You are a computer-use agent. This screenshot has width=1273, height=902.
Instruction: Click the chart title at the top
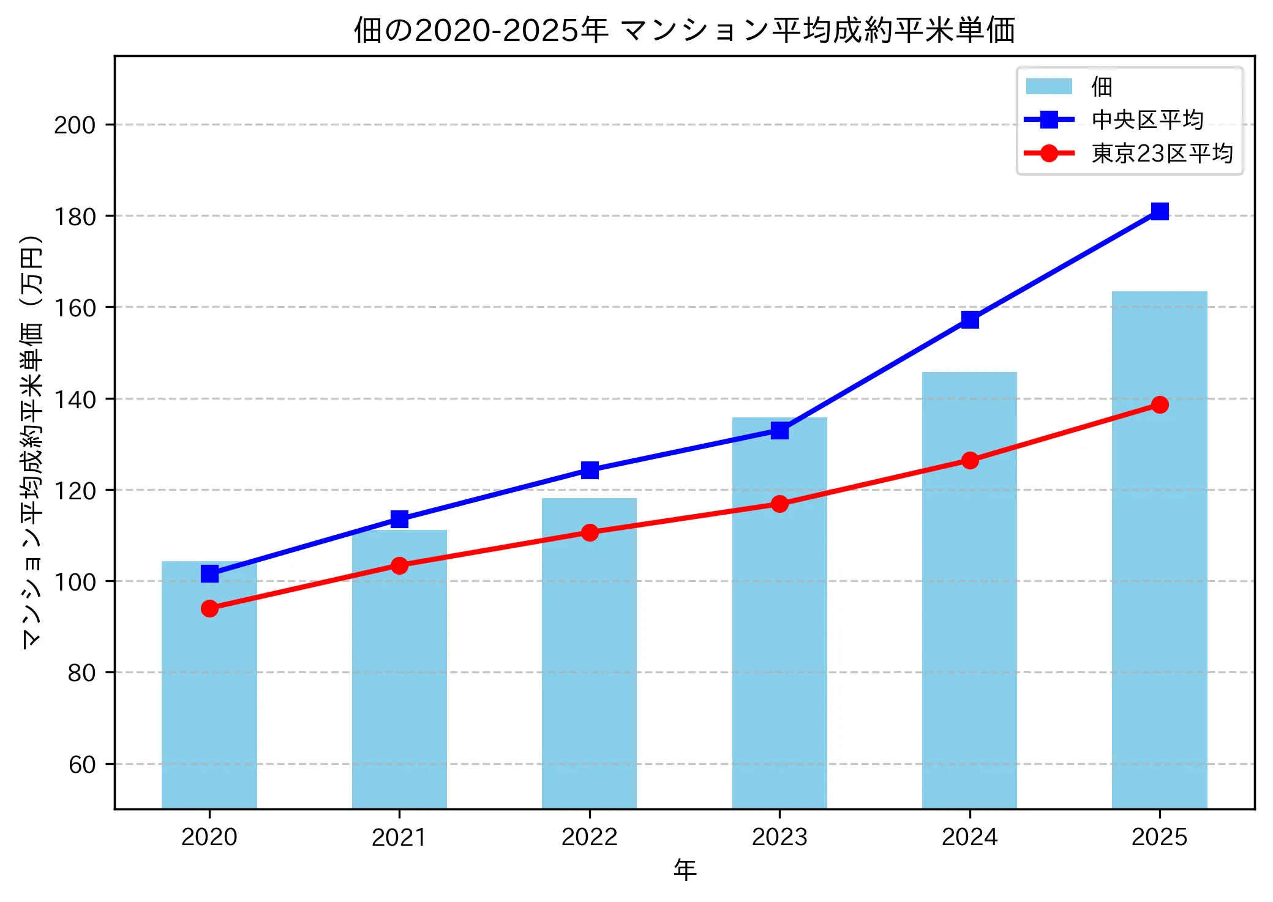pos(685,29)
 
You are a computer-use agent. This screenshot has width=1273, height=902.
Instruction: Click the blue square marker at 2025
pos(1159,211)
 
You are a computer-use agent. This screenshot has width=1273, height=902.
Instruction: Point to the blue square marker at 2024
pos(969,319)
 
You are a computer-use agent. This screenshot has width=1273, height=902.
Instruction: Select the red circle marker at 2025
pos(1159,404)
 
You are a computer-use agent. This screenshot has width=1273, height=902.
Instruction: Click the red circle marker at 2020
pos(209,608)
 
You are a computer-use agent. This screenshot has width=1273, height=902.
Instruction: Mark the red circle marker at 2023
pos(779,504)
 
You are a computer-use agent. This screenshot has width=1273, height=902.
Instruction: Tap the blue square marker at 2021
pos(399,519)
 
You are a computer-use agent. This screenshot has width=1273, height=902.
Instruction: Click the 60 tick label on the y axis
pos(82,764)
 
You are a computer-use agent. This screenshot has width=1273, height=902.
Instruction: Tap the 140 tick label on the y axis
pos(75,399)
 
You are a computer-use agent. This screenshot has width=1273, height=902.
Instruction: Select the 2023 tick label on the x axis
pos(779,837)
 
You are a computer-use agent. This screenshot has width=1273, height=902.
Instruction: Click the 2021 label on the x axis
pos(399,837)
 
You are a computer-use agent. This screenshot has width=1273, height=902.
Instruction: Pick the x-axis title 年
pos(685,870)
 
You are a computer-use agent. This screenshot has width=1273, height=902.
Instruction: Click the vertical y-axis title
pos(32,441)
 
